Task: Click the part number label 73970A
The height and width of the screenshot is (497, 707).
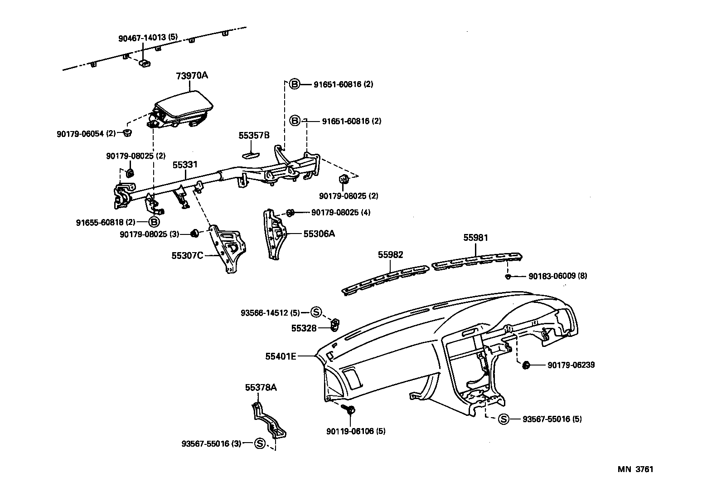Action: coord(192,76)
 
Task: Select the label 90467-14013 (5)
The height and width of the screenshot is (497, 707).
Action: coord(148,39)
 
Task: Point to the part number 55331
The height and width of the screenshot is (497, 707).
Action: coord(184,165)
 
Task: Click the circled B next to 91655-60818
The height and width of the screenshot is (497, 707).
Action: coord(154,222)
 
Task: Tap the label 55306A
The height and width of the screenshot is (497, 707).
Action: coord(319,234)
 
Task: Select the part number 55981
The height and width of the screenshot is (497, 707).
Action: coord(475,238)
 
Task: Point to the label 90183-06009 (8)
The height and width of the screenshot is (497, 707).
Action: coord(557,276)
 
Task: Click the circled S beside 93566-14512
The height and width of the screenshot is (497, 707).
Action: coord(316,312)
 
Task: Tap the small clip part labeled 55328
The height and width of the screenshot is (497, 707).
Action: coord(335,324)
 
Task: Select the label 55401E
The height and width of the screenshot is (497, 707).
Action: coord(281,356)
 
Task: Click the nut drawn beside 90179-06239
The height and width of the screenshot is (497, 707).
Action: coord(526,365)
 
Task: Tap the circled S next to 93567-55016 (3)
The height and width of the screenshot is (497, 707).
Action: coord(260,443)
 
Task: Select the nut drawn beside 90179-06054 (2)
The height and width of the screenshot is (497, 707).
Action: coord(128,133)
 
